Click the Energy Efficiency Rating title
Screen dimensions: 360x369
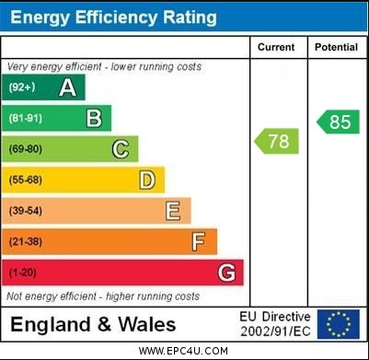113,17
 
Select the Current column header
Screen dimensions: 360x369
276,47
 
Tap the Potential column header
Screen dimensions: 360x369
336,47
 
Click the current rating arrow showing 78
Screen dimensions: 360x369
277,142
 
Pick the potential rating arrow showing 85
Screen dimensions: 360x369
338,122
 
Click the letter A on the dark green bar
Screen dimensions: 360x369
67,87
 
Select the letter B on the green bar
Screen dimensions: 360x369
94,118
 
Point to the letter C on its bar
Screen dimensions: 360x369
121,149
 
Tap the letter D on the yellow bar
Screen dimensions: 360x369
147,180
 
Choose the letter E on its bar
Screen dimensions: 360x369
173,211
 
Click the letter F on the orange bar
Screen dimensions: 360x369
199,241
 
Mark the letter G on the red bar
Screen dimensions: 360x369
226,273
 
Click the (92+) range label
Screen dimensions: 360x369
22,87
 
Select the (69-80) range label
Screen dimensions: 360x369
26,149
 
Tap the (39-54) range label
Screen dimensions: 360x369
26,211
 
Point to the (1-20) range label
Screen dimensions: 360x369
23,273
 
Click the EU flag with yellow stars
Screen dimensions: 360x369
339,324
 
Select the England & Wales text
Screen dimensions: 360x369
92,324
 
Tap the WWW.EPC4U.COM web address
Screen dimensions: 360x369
184,351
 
